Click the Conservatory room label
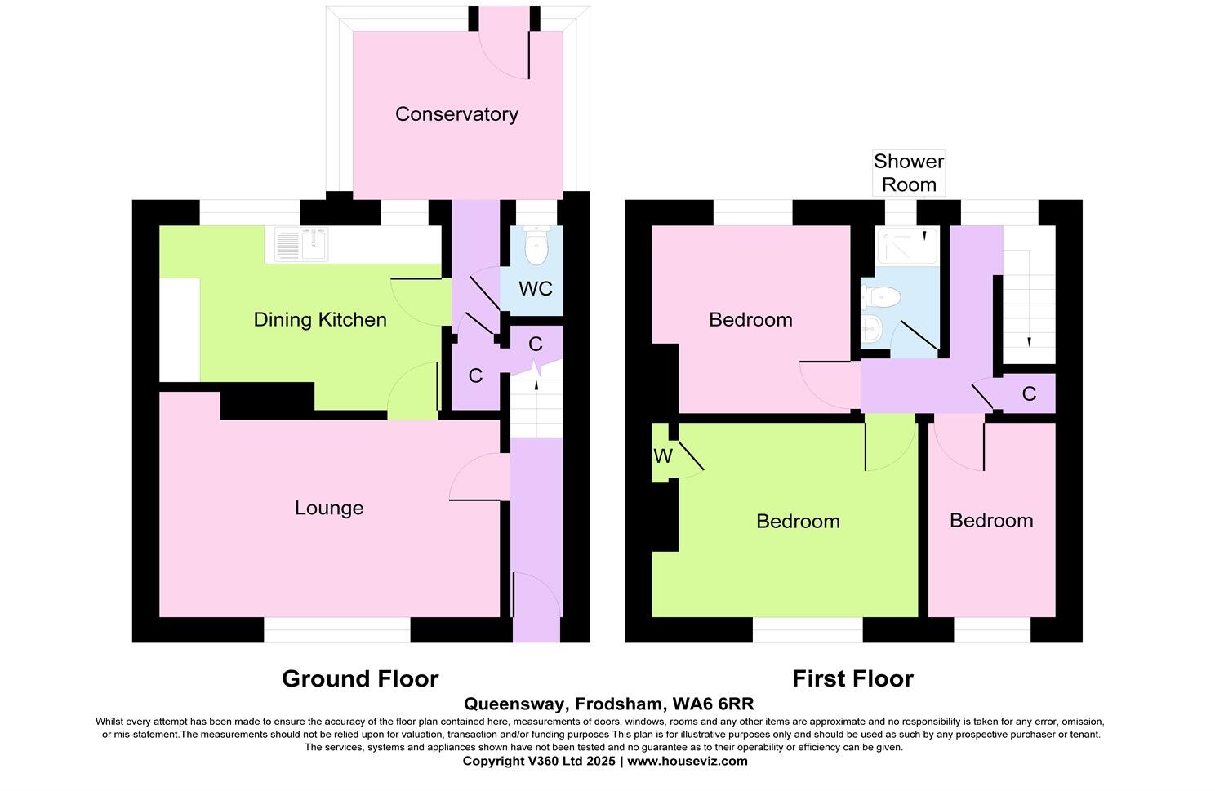point(456,114)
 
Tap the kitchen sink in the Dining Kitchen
point(302,244)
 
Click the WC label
point(536,289)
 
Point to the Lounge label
point(329,509)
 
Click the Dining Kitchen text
point(320,320)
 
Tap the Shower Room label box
point(909,173)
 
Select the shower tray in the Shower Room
point(906,246)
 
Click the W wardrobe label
point(662,456)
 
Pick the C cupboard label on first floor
point(1029,394)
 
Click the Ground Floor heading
point(360,679)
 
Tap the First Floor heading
point(852,679)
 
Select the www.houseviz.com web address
point(687,761)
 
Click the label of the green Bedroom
point(798,522)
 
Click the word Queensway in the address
point(515,704)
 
